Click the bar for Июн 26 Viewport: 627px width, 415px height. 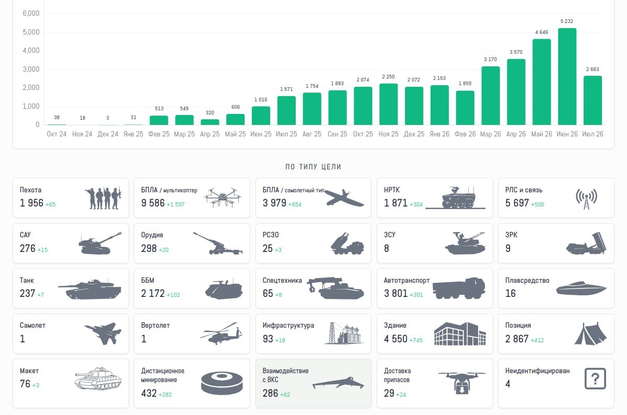tap(567, 76)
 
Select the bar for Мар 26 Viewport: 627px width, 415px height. tap(491, 96)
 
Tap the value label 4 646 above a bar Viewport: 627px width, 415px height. tap(542, 32)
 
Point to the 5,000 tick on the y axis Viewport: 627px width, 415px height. tap(31, 32)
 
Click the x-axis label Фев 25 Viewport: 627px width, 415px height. tap(159, 134)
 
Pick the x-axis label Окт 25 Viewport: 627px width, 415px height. tap(363, 134)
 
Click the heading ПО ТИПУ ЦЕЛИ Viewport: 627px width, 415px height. tap(313, 167)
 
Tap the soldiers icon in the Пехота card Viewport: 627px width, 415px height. tap(103, 198)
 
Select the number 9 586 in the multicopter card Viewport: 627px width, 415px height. tap(153, 203)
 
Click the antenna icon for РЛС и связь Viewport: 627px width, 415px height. tap(586, 199)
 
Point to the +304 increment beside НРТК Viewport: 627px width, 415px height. tap(416, 204)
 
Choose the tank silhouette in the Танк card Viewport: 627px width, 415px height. tap(89, 289)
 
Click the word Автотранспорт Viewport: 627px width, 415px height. tap(407, 280)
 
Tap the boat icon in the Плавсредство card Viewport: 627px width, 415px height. tap(581, 288)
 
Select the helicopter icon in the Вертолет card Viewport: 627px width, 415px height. tap(221, 333)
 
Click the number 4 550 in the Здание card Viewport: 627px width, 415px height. tap(396, 339)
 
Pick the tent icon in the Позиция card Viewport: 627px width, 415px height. tap(590, 333)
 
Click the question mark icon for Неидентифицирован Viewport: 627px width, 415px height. tap(595, 378)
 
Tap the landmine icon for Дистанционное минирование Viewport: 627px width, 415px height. tap(222, 384)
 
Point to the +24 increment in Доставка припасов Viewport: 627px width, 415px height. tap(401, 395)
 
